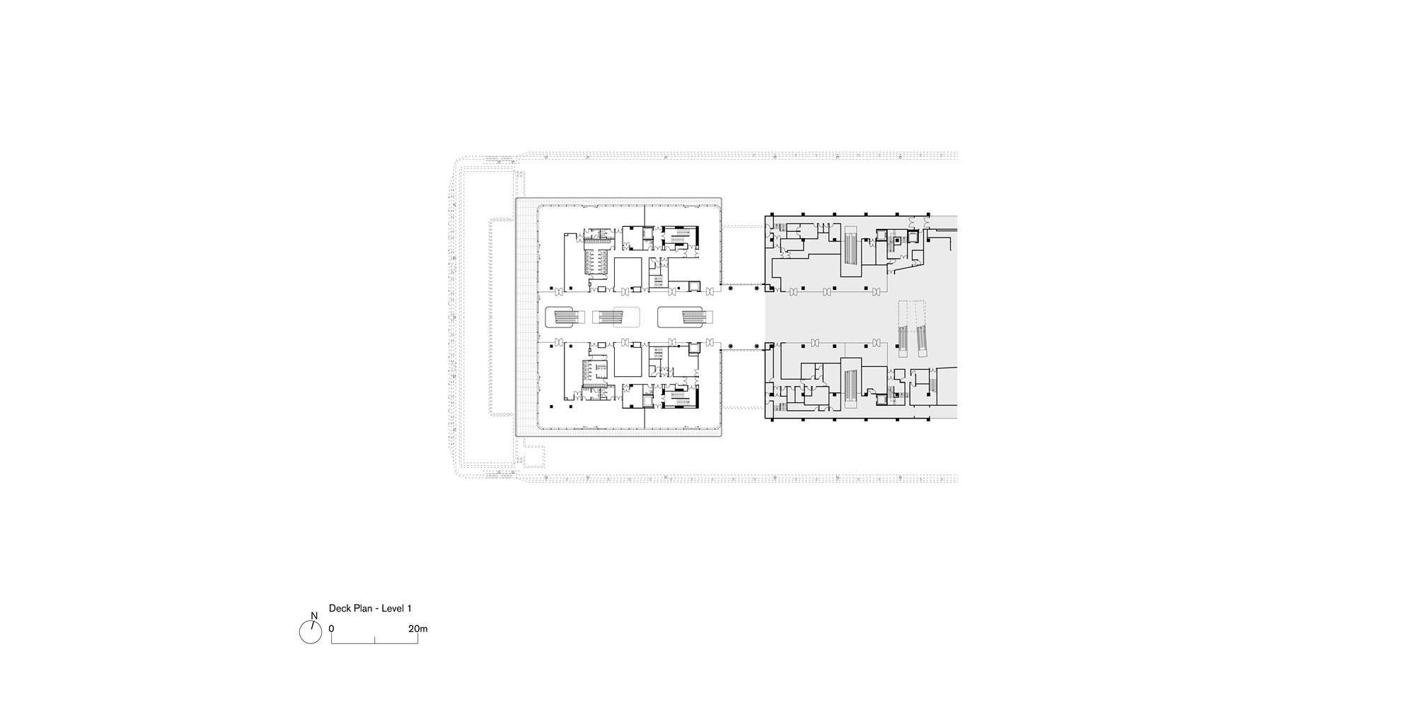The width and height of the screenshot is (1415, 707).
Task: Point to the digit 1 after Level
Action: click(x=409, y=608)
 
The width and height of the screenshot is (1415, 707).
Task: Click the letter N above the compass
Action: click(x=314, y=616)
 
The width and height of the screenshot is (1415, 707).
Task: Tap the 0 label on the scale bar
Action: click(x=331, y=629)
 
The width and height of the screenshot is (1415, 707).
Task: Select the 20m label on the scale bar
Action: click(x=417, y=629)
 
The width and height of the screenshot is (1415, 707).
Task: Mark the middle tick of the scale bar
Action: click(x=375, y=641)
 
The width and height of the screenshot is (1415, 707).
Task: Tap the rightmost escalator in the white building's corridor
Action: click(x=684, y=316)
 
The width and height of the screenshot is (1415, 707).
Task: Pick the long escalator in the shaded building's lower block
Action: click(x=850, y=386)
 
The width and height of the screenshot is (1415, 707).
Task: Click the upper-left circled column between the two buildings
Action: click(x=730, y=288)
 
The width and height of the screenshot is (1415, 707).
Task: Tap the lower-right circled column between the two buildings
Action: click(x=757, y=346)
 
